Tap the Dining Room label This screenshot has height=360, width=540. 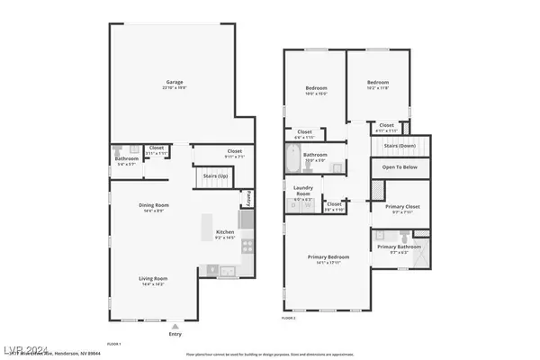(x=151, y=206)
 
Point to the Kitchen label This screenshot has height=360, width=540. (x=225, y=233)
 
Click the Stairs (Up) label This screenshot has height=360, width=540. (x=214, y=177)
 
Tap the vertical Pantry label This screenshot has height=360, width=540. (x=250, y=197)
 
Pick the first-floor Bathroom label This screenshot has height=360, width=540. (x=126, y=159)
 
